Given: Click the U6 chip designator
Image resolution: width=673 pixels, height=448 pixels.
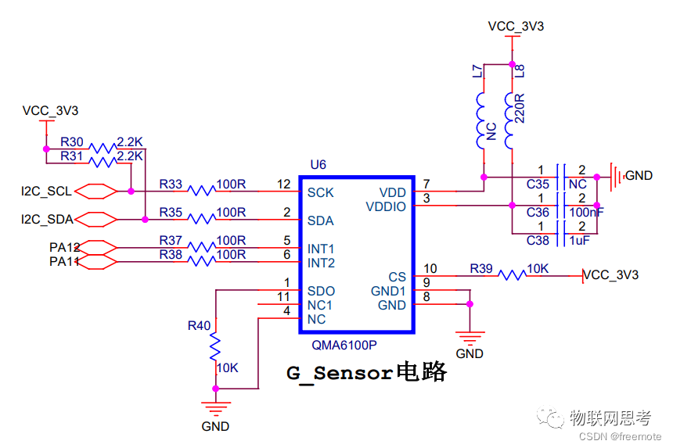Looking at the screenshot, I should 318,165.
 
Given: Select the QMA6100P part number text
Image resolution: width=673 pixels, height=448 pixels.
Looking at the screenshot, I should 344,344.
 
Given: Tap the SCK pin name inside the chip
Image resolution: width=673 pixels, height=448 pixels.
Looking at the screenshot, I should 321,192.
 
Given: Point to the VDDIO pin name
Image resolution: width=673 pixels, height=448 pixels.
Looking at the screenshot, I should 387,206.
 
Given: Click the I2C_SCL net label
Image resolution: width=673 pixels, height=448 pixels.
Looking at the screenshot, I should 46,191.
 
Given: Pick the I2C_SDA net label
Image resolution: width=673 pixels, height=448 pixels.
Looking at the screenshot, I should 46,219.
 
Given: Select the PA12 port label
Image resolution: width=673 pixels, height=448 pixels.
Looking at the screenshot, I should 65,247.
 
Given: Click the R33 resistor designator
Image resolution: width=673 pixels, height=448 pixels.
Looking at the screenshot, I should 171,185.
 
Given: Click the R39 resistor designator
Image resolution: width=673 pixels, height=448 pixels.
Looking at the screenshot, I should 481,268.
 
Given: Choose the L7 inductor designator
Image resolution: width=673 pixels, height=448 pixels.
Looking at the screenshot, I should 477,73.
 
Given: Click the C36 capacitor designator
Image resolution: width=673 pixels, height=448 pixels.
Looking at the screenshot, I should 538,212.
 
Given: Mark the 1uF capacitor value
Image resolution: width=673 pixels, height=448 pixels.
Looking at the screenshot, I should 579,241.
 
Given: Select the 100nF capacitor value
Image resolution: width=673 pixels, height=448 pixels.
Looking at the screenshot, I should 587,212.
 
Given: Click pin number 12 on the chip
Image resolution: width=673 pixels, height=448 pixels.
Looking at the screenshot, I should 284,185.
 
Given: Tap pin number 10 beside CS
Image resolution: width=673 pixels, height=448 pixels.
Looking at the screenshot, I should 430,269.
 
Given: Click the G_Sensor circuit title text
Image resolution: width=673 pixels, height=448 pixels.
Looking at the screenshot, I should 366,373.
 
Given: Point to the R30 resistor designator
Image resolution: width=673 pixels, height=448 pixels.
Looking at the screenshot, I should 72,142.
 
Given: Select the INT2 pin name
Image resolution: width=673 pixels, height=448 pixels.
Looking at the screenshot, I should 321,263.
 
